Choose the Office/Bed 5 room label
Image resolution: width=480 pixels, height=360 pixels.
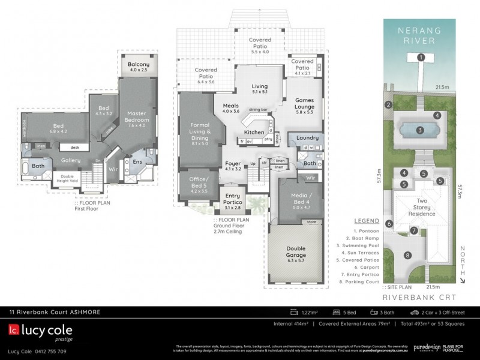(194, 182)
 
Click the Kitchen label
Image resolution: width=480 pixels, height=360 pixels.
(254, 132)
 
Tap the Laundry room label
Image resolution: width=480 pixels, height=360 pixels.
(307, 137)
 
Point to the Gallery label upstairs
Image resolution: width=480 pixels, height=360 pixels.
(71, 161)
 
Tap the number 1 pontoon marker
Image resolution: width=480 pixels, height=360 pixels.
(421, 57)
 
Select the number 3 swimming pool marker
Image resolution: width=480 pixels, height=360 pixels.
(421, 130)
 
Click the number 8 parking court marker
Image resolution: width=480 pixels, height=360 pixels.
(408, 256)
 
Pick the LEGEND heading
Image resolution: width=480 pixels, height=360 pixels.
(367, 221)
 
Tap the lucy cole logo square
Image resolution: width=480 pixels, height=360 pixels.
(13, 330)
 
